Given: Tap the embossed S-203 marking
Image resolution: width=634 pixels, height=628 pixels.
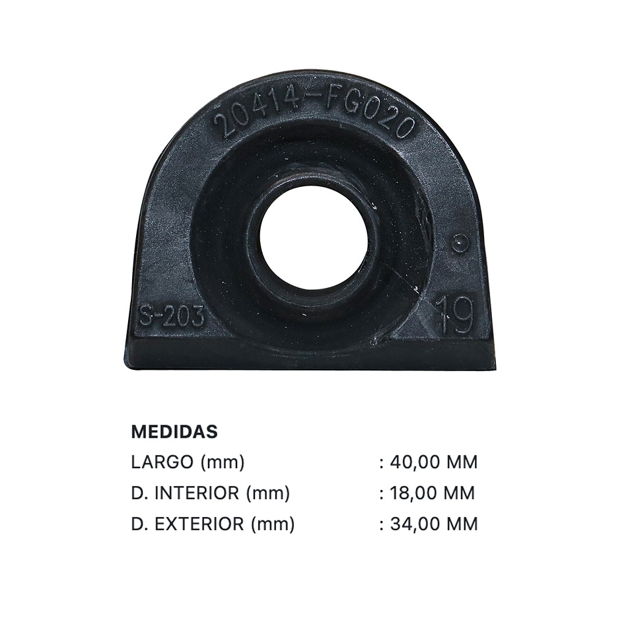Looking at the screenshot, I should coord(171,316).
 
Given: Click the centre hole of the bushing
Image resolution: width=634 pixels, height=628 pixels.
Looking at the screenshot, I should coord(313,238).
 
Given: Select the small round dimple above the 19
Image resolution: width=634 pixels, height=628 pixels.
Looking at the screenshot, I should coord(460,243).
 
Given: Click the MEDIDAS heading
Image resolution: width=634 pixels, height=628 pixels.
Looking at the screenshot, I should coord(174,432).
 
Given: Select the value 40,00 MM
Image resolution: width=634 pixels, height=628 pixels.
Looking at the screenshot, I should coord(433,462).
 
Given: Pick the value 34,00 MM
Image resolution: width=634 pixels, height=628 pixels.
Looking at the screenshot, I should coord(433,524).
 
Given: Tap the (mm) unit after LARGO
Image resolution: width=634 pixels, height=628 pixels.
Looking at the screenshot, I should coord(223,462).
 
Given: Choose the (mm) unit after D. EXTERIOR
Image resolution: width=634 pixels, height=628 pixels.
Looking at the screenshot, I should coord(272,524).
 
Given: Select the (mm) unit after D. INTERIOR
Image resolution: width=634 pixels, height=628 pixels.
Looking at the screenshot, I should coord(267,493).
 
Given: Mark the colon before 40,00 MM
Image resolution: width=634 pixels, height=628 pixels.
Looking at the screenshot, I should coord(382,463).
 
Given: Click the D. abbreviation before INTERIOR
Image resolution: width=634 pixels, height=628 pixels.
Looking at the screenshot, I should coord(139,493).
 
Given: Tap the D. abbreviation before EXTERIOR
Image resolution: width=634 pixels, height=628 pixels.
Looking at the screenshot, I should coord(139,524).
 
